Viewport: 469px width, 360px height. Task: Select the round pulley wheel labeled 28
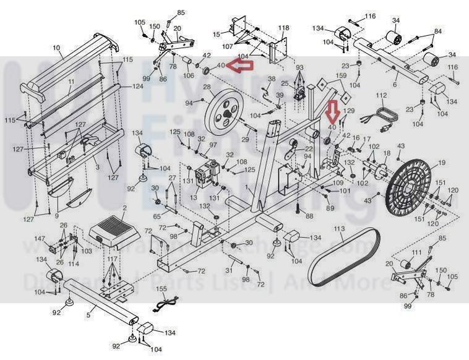[x=222, y=109]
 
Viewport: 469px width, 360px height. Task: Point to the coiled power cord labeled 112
[x=378, y=118]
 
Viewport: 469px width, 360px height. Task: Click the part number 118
[x=283, y=28]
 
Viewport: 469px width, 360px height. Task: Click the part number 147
[x=40, y=238]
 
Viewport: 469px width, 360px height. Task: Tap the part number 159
[x=341, y=76]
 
